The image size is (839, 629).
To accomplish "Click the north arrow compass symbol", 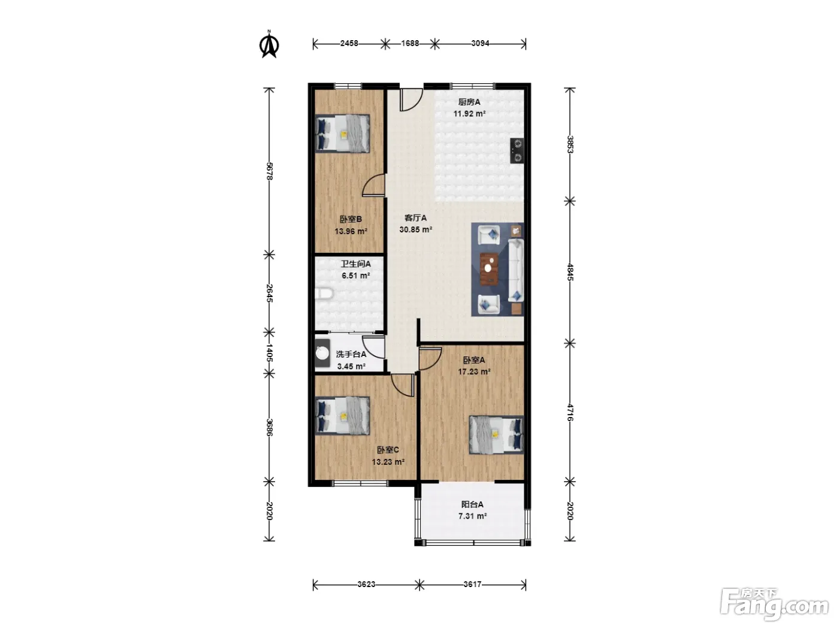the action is [269, 45].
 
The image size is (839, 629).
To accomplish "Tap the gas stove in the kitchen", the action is [517, 150].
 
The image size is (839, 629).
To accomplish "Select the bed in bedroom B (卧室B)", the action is [342, 134].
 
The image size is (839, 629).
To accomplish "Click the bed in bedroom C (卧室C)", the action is [342, 416].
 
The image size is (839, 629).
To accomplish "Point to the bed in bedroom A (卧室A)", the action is [496, 435].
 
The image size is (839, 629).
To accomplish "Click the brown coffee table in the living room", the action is [489, 269].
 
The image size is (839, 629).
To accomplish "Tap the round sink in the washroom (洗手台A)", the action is [322, 353].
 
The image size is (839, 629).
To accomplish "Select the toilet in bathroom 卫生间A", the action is [324, 294].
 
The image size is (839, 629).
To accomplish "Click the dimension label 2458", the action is [349, 44].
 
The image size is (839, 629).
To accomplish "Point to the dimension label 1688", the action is [410, 44].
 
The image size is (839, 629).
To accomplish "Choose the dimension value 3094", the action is [480, 44].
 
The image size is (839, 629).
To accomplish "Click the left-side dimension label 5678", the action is [269, 171].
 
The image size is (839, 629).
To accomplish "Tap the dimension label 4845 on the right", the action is [570, 273].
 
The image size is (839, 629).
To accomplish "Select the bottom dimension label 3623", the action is [366, 584].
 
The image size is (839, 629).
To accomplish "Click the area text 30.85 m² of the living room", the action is [416, 229].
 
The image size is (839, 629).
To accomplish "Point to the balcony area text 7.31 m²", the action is [472, 516].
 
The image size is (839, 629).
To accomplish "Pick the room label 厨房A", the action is [469, 102].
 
